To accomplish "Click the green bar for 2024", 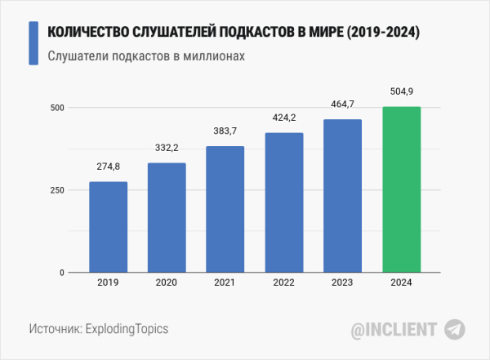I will tap(402, 189).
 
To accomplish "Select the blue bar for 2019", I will tap(108, 227).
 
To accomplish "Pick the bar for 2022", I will tap(284, 202).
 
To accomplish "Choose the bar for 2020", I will tap(167, 217).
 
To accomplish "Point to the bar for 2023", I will tap(343, 196).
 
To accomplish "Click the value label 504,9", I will tap(402, 91).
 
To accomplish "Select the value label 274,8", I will tap(108, 167).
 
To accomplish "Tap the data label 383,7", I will tap(225, 131).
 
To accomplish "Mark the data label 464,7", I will tap(343, 104).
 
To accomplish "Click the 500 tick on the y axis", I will tap(56, 108).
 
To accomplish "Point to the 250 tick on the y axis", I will tap(56, 190).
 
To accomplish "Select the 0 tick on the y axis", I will tap(61, 273).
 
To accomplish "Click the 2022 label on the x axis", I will tap(284, 283).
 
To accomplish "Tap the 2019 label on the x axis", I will tap(108, 283).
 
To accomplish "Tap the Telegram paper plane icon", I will tap(455, 329).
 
